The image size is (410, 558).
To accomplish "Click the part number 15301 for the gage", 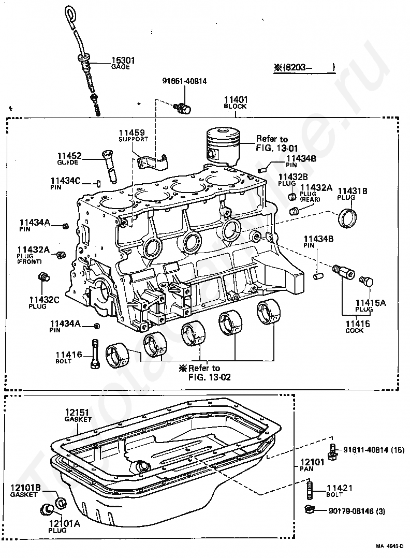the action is pyautogui.click(x=123, y=60).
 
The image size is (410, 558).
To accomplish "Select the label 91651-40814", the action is pyautogui.click(x=184, y=81).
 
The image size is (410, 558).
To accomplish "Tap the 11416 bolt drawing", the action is pyautogui.click(x=96, y=355).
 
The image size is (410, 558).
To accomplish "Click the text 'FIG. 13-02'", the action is pyautogui.click(x=210, y=377).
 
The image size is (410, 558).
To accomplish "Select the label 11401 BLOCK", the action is pyautogui.click(x=236, y=102).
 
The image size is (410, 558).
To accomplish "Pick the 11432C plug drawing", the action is pyautogui.click(x=43, y=277).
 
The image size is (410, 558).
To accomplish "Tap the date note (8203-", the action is pyautogui.click(x=304, y=67).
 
